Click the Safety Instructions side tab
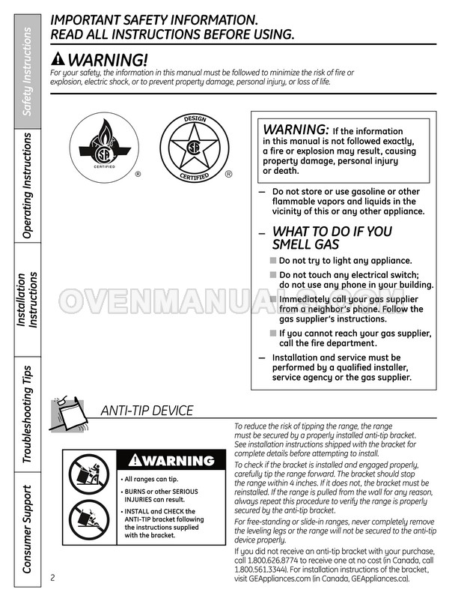point(27,71)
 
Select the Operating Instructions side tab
point(27,186)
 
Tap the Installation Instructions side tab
point(27,299)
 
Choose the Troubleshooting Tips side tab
point(27,414)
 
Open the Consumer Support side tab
point(27,529)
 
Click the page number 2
point(52,577)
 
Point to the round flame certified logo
point(105,147)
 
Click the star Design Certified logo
point(194,148)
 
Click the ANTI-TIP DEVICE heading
point(147,411)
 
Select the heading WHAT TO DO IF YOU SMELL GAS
point(332,238)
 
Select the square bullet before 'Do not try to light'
point(273,261)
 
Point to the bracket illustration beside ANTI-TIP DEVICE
point(71,414)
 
